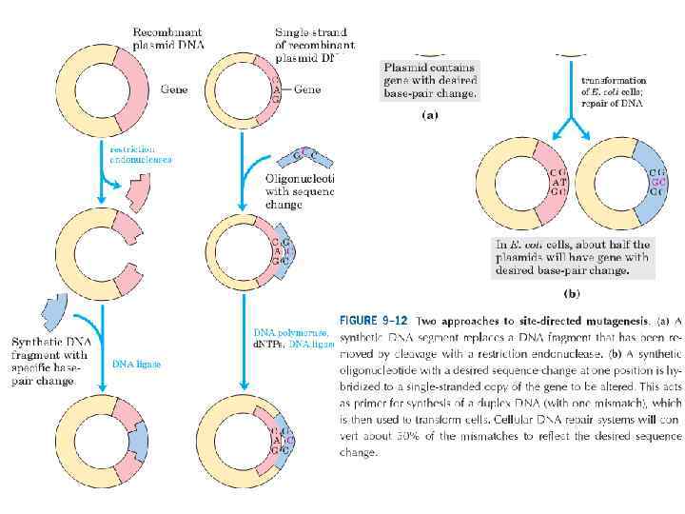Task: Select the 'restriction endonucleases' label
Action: point(142,155)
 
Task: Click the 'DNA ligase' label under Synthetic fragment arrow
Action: point(137,364)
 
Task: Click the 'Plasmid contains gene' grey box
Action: point(429,81)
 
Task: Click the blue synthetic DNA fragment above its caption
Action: point(50,311)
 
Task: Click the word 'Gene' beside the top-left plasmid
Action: point(174,89)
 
